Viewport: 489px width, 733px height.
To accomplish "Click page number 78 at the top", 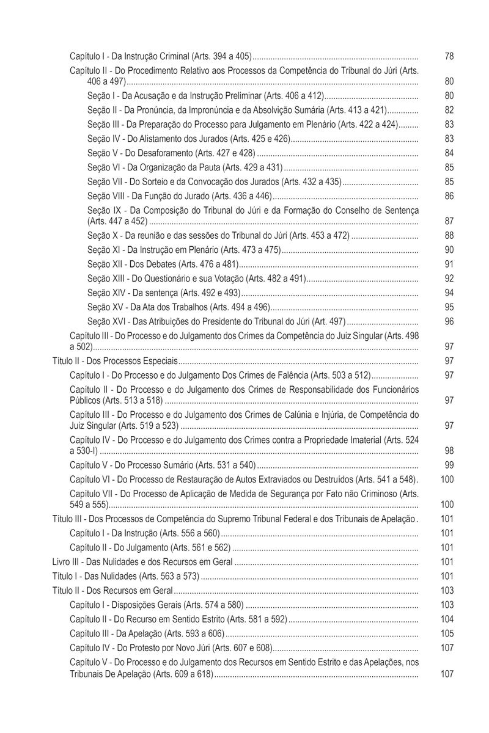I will pos(449,56).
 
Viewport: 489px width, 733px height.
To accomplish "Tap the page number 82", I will pos(449,110).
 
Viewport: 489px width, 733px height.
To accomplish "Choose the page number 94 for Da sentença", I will pos(449,293).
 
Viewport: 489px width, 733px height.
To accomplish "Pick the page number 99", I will pos(449,465).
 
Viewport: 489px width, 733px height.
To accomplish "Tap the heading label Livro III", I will pos(65,561).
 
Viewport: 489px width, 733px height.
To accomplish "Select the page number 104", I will pos(447,619).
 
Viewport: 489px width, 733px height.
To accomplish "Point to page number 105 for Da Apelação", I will pos(447,633).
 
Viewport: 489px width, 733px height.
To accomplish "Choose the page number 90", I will pos(449,249).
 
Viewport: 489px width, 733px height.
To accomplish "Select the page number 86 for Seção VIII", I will pos(449,196).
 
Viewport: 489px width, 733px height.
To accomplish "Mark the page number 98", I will pos(449,450).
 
